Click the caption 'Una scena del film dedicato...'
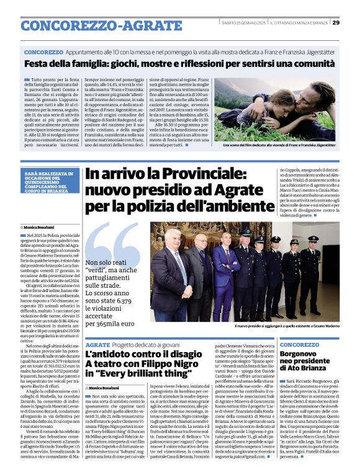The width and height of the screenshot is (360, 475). (x=282, y=145)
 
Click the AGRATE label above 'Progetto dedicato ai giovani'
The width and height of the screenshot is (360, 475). (x=98, y=344)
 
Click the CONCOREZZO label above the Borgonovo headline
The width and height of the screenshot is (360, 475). (x=299, y=344)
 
